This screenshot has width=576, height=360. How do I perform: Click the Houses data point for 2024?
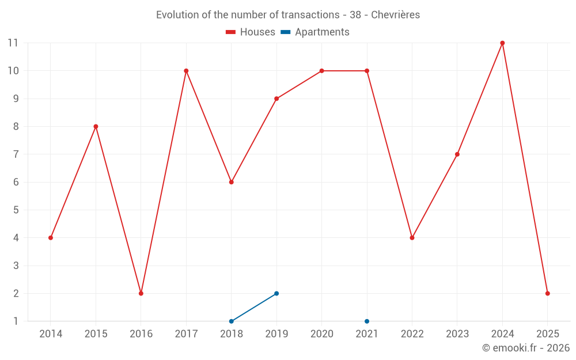502,43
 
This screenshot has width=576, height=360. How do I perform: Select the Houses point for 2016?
141,293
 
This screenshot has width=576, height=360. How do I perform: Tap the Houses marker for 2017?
186,71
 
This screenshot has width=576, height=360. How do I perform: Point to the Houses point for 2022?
412,238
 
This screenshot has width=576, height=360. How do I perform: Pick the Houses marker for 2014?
51,238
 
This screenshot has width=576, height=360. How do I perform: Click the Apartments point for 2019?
276,293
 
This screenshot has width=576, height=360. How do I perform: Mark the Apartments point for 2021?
367,321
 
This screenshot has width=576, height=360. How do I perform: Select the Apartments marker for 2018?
232,321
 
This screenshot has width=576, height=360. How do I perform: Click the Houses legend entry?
251,32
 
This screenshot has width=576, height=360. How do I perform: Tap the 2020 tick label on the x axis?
321,334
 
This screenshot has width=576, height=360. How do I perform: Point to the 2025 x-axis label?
547,334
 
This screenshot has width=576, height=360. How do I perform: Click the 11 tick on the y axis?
13,43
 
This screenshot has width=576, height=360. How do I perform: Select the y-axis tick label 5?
16,210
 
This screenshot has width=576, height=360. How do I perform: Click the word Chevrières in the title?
395,15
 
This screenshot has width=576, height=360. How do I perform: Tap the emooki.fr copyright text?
526,348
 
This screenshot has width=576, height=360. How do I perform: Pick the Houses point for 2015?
96,127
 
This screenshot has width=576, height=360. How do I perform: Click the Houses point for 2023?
457,154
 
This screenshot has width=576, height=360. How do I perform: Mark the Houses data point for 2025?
547,293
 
